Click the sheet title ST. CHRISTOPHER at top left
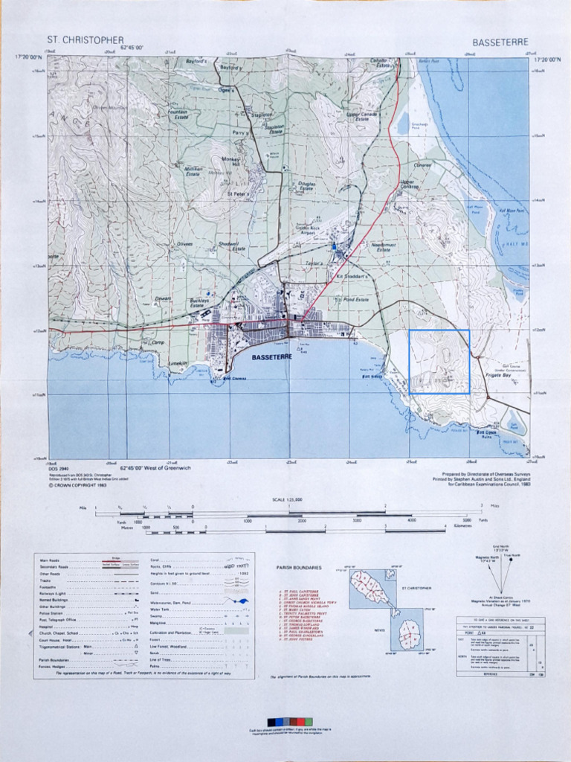pos(86,39)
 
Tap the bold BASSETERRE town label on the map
pos(274,357)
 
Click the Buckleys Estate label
pos(197,303)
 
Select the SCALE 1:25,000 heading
pos(287,499)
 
